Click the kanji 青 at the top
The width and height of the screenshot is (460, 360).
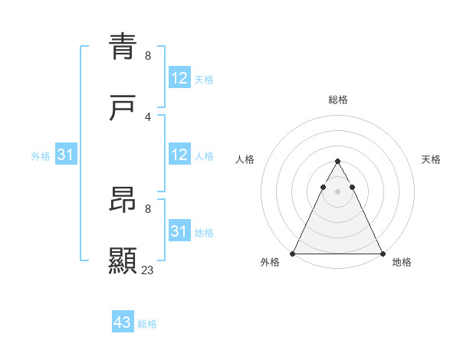click(123, 47)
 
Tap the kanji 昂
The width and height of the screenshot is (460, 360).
click(123, 201)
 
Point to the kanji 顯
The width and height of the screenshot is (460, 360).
click(123, 261)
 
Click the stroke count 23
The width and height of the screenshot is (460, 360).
click(148, 270)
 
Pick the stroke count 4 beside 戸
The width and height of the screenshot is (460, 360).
click(148, 116)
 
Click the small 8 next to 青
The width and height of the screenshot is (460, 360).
click(148, 56)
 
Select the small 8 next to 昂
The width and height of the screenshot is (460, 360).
click(148, 208)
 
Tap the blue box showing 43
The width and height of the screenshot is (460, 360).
click(123, 322)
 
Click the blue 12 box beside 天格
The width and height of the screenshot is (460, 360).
click(179, 78)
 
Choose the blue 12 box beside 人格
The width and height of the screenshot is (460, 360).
click(179, 155)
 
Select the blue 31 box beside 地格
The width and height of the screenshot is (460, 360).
click(179, 231)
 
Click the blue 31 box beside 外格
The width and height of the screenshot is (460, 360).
click(66, 155)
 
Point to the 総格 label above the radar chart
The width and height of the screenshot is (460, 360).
click(337, 100)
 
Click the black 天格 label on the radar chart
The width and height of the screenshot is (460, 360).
click(431, 159)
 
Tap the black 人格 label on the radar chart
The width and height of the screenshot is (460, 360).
click(245, 159)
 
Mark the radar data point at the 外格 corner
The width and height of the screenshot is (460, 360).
click(293, 253)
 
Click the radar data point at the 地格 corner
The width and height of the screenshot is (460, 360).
click(382, 253)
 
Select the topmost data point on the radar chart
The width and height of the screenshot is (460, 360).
click(337, 162)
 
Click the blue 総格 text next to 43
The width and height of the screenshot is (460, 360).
click(147, 324)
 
